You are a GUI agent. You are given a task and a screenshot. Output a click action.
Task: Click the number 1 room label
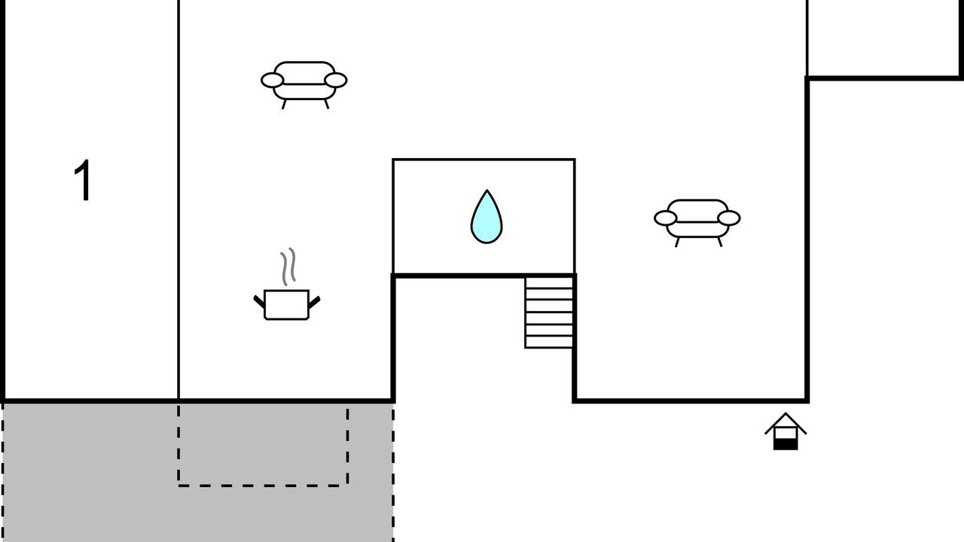coord(83,180)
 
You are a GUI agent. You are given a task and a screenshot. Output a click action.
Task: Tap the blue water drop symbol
coord(487,217)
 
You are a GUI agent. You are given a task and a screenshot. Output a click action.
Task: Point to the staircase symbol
coord(549,312)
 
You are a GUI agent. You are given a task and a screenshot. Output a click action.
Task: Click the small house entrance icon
coord(786,431)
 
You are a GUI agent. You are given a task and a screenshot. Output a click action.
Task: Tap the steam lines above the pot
coord(288,266)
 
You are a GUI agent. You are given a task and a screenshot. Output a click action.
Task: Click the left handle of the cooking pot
coord(259,302)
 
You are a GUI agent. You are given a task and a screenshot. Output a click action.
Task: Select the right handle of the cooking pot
coord(315,302)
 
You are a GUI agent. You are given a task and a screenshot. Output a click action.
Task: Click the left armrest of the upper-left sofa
coord(273,81)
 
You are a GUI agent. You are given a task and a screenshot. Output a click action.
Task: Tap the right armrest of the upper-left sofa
coord(336,81)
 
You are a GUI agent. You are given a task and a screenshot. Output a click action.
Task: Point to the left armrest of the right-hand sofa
coord(665,218)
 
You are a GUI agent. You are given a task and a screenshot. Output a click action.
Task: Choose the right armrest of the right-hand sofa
coord(729,218)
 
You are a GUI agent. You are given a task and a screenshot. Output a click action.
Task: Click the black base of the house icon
coord(786,444)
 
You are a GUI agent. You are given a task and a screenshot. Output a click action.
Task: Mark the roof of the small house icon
coord(786,422)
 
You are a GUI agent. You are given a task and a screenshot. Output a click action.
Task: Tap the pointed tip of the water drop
coord(487,190)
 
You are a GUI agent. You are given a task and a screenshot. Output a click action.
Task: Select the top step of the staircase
coord(549,282)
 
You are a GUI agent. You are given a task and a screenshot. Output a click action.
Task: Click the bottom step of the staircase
coord(549,342)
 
